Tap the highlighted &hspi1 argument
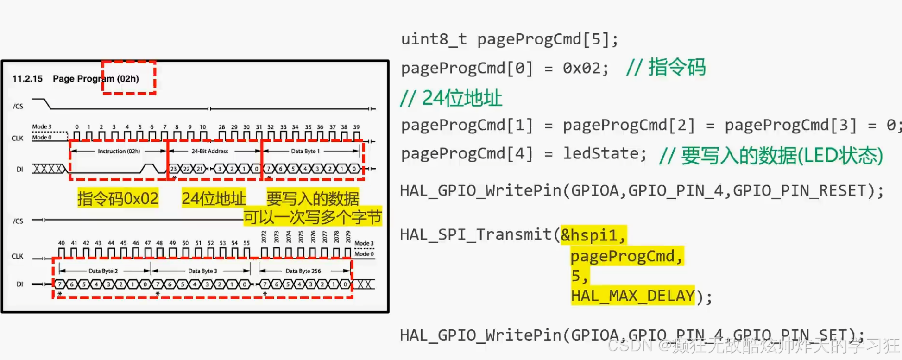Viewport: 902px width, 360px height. tap(593, 235)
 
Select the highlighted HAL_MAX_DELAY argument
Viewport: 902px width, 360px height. tap(633, 296)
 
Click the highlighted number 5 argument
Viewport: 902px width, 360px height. tap(576, 276)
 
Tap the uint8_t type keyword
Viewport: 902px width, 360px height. tap(434, 39)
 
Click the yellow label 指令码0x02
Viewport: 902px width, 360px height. tap(118, 198)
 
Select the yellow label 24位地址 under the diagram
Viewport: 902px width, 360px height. tap(214, 198)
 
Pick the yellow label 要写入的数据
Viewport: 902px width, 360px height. tap(313, 198)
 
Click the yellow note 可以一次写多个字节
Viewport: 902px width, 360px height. tap(313, 217)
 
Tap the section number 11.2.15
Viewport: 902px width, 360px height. tap(27, 79)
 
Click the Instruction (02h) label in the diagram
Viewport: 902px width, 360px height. tap(119, 151)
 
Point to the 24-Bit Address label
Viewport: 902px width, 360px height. tap(210, 151)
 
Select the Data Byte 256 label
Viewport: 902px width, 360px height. tap(303, 271)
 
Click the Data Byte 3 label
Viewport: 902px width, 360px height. tap(202, 271)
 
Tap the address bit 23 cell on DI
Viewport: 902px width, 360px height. tap(174, 169)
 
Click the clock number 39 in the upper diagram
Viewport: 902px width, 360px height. tap(356, 127)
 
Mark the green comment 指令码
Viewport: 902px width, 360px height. tap(676, 68)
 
